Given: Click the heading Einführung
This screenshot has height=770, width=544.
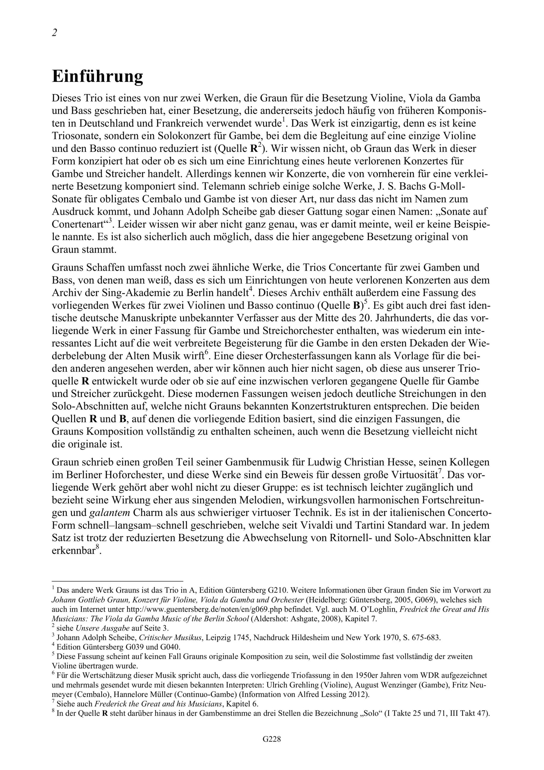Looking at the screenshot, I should click(98, 77).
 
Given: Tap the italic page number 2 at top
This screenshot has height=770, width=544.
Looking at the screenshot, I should click(54, 33).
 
